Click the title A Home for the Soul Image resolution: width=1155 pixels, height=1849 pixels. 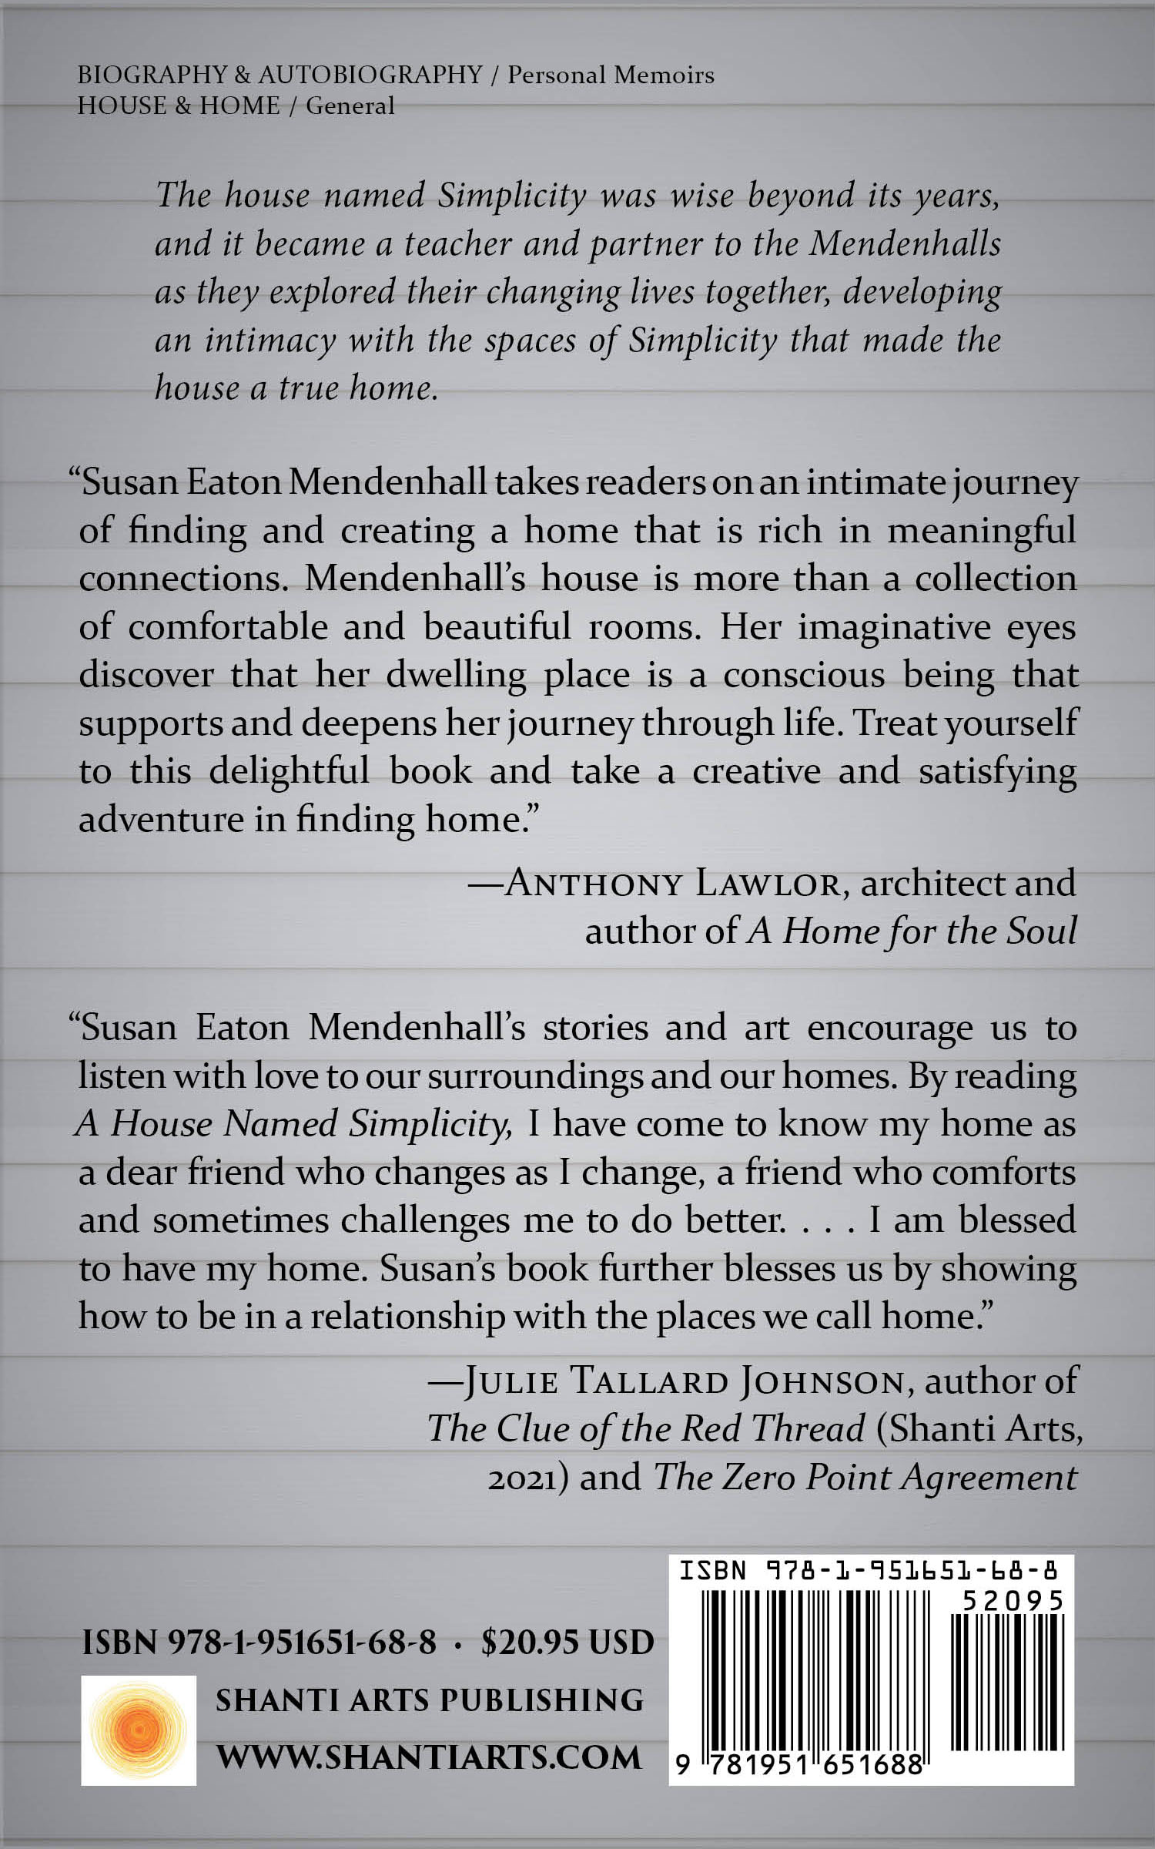click(912, 931)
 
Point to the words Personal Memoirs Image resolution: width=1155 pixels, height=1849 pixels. click(611, 75)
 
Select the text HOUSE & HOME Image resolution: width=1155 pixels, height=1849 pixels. click(179, 105)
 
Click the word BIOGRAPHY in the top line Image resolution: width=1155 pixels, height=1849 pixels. click(152, 75)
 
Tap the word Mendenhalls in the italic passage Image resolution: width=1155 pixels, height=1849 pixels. click(906, 243)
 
